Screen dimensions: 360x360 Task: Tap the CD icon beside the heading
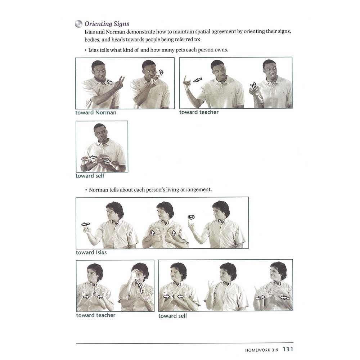pyautogui.click(x=78, y=24)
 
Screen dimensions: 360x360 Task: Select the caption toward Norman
pyautogui.click(x=96, y=112)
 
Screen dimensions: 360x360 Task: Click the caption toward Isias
pyautogui.click(x=91, y=252)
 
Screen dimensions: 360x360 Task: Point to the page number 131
pyautogui.click(x=288, y=349)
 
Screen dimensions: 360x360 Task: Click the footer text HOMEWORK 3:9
pyautogui.click(x=262, y=350)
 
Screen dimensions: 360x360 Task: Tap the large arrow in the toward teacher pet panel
pyautogui.click(x=198, y=80)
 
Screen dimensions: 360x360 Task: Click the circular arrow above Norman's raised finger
pyautogui.click(x=191, y=217)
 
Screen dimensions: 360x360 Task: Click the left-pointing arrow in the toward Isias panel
pyautogui.click(x=85, y=224)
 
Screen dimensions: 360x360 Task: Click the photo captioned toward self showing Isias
pyautogui.click(x=102, y=147)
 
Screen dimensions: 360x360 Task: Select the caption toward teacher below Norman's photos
pyautogui.click(x=96, y=315)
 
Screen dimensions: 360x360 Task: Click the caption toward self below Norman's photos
pyautogui.click(x=172, y=316)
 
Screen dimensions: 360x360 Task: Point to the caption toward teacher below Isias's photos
pyautogui.click(x=199, y=112)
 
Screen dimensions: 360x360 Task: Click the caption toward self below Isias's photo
pyautogui.click(x=90, y=176)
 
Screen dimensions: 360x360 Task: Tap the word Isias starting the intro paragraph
pyautogui.click(x=90, y=32)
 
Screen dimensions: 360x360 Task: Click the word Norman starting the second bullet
pyautogui.click(x=98, y=189)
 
